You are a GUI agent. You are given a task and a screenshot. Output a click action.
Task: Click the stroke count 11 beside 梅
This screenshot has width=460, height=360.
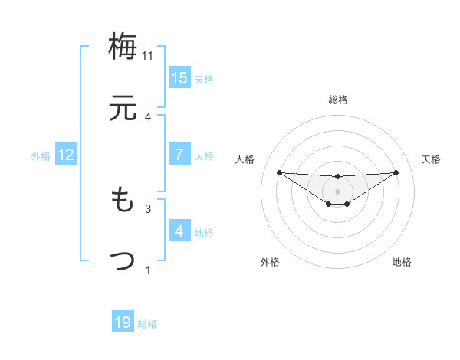coord(148,56)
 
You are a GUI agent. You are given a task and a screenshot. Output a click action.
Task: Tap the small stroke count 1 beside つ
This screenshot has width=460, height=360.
coord(148,270)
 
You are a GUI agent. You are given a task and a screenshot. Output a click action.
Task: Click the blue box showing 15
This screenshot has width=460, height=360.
coord(179,77)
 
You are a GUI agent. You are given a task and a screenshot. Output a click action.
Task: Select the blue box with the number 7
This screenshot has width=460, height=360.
coord(179,154)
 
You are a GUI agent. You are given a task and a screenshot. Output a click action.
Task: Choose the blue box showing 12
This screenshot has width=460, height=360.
coord(66,155)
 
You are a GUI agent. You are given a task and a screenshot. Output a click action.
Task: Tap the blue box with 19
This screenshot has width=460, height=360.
coord(123,322)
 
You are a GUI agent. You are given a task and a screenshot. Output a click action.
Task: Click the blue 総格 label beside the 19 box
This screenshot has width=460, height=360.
coord(148,324)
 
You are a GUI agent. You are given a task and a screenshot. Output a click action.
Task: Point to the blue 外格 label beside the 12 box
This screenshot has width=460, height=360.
coord(41,156)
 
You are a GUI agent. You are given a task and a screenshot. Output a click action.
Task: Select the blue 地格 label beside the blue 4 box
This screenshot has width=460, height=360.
coord(204,233)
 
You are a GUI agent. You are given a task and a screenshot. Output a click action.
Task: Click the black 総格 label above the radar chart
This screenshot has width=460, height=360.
coord(337,100)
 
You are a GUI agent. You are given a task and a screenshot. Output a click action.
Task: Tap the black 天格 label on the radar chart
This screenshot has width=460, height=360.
coord(432,159)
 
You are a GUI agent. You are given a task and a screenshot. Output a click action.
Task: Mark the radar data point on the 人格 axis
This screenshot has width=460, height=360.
coord(279,172)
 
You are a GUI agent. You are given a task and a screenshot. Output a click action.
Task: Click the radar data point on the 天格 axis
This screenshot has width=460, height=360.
coord(396,172)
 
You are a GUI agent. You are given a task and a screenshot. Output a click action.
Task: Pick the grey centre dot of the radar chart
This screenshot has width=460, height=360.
coord(337,191)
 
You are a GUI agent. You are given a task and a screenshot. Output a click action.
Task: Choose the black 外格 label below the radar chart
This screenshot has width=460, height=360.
coord(270,262)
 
